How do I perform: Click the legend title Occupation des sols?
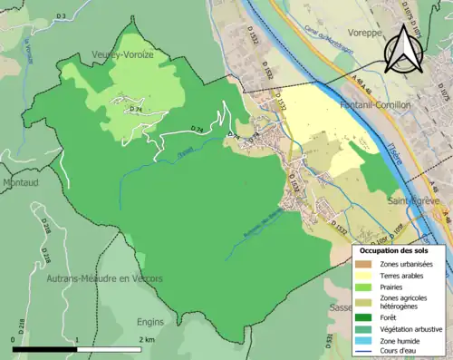(x=392, y=249)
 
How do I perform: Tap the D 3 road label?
(x=61, y=16)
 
